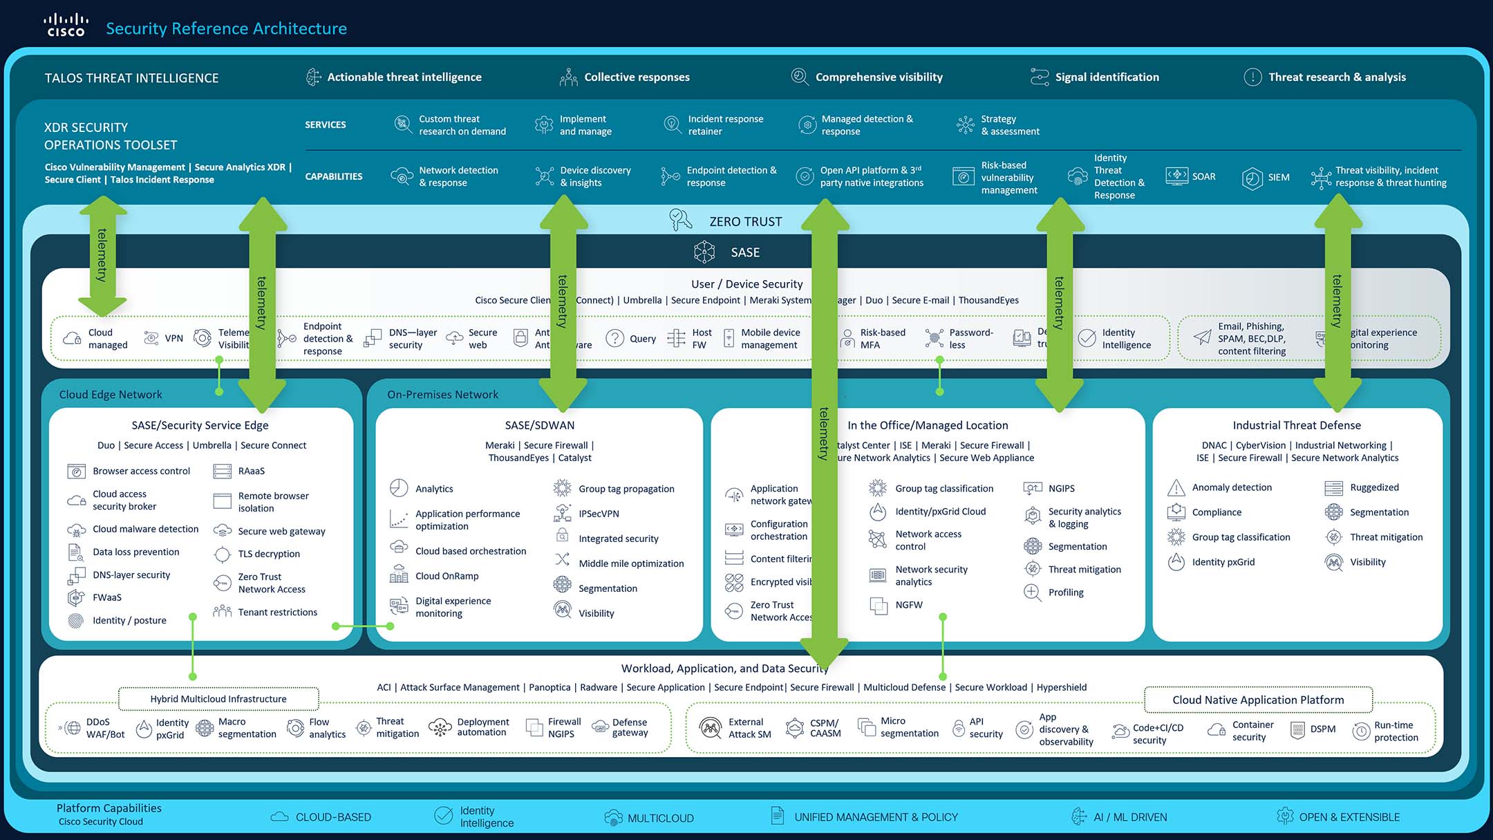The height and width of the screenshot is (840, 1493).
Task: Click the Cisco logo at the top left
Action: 66,25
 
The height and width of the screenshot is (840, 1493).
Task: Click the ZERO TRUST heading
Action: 745,222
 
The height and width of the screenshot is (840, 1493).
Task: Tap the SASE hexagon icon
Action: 704,252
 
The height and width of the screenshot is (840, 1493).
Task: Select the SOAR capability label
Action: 1203,177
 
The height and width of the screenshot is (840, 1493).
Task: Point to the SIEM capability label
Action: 1278,178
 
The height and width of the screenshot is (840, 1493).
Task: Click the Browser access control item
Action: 141,472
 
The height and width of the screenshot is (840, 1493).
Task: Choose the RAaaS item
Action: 251,472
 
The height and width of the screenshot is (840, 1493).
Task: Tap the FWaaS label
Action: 107,597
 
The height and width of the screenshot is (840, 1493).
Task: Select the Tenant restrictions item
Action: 277,613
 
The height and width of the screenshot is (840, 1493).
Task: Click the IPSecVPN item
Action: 599,514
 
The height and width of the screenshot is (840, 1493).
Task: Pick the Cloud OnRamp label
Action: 447,577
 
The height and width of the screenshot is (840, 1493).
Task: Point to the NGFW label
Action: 909,605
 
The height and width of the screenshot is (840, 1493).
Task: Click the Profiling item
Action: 1066,592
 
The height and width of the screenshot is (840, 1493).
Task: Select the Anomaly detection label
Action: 1232,488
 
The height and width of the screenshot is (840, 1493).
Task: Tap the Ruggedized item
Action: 1374,488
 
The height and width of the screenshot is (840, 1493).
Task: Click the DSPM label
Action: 1322,729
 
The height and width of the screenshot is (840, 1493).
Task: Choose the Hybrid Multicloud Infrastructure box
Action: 218,699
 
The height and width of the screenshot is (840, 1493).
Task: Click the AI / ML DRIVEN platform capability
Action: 1130,817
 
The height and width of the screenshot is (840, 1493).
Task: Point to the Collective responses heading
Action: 637,77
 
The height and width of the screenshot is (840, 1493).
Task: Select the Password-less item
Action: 970,339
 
